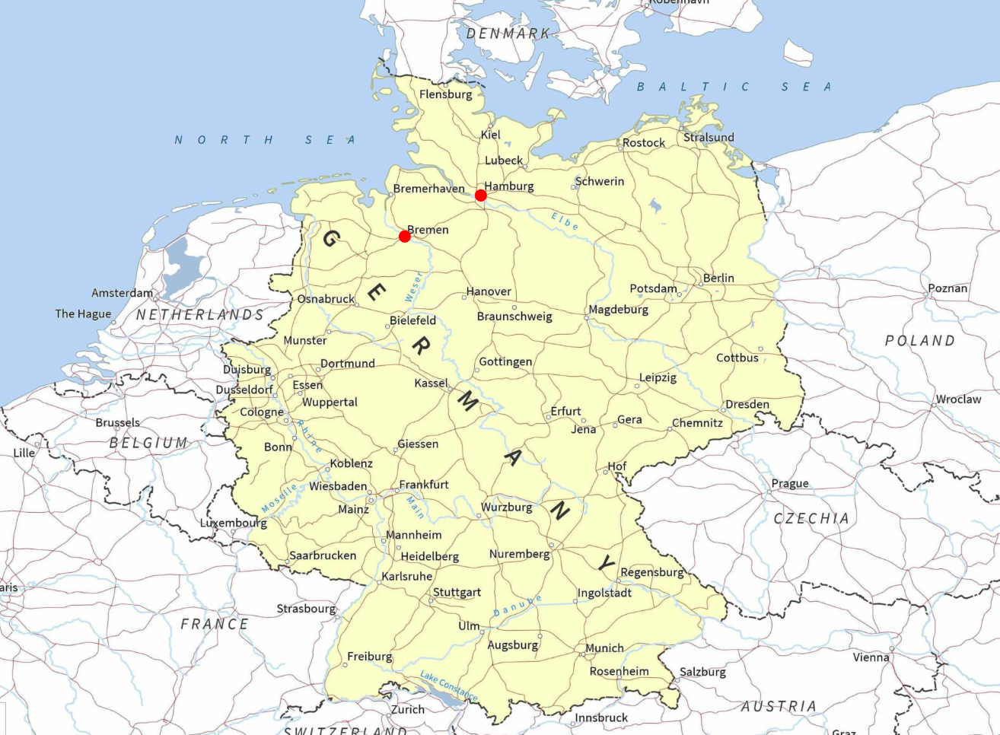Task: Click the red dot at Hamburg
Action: tap(481, 196)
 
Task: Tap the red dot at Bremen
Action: tap(405, 237)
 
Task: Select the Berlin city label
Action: tap(718, 278)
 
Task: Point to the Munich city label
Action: tap(605, 648)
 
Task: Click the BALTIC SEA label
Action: tap(734, 87)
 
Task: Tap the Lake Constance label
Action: tap(449, 686)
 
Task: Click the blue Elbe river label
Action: tap(565, 221)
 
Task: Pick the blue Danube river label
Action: tap(518, 606)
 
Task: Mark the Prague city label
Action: tap(790, 483)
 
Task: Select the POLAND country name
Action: tap(919, 341)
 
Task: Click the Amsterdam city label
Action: tap(122, 293)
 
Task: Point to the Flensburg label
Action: tap(446, 94)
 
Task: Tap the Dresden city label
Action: tap(747, 404)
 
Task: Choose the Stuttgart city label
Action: tap(457, 592)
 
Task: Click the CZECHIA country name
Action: tap(811, 519)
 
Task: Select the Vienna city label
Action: tap(871, 657)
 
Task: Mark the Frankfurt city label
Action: tap(424, 485)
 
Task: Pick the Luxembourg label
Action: tap(234, 523)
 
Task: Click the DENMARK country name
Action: tap(508, 33)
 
